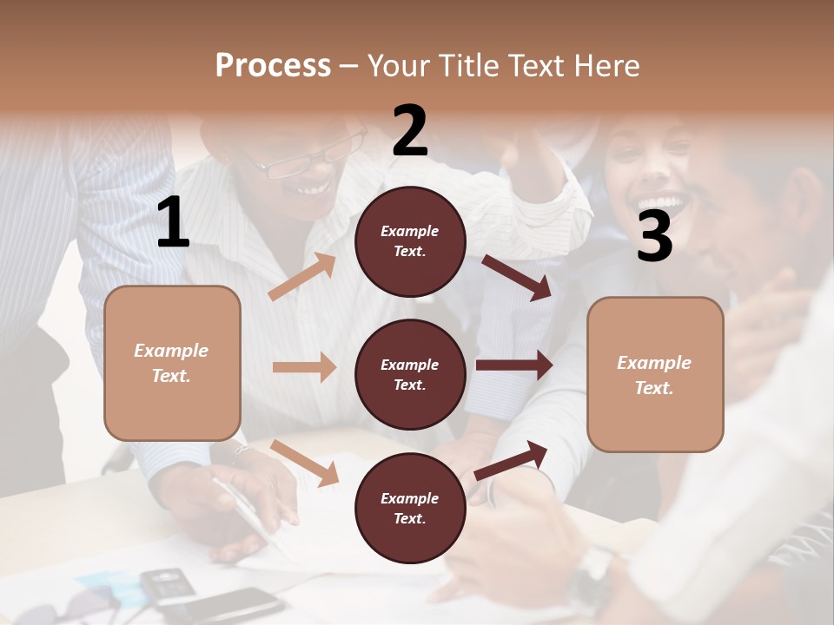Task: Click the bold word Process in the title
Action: [273, 65]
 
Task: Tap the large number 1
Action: [174, 223]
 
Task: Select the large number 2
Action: [410, 131]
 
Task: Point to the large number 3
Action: [654, 237]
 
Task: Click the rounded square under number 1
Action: [172, 363]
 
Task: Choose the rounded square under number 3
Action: [655, 374]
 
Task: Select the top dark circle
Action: [410, 241]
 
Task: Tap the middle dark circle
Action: [410, 374]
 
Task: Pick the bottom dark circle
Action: [410, 508]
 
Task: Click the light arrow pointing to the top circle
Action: [302, 277]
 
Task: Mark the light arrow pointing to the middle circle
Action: [304, 367]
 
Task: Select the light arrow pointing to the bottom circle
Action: [305, 463]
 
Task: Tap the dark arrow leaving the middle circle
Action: [514, 365]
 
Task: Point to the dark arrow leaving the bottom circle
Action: [512, 460]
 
